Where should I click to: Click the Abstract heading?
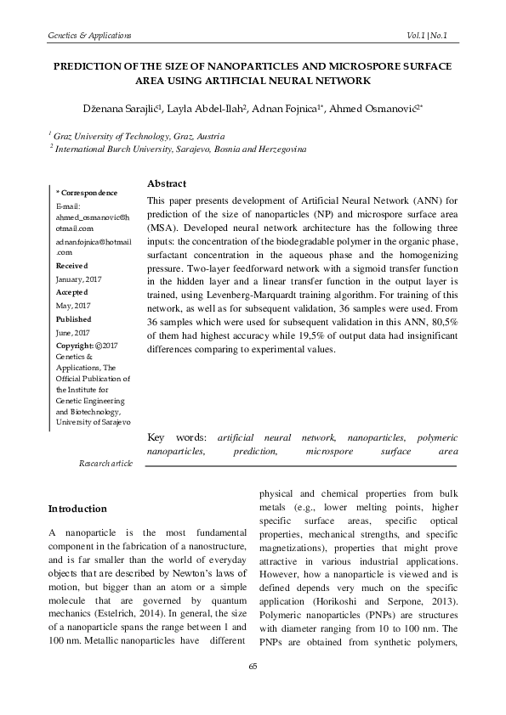167,183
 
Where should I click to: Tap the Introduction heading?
77,509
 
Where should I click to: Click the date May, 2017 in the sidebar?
73,304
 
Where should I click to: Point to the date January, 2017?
79,278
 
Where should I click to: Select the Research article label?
105,464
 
